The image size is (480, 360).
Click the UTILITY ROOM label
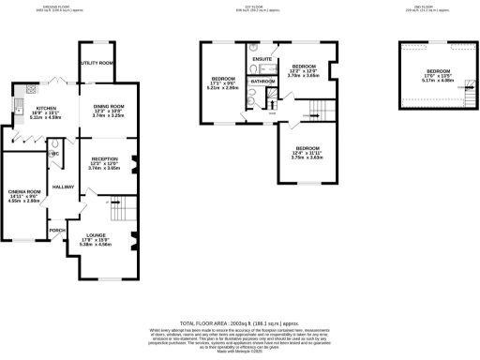click(97, 63)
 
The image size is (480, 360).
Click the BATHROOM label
click(263, 82)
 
